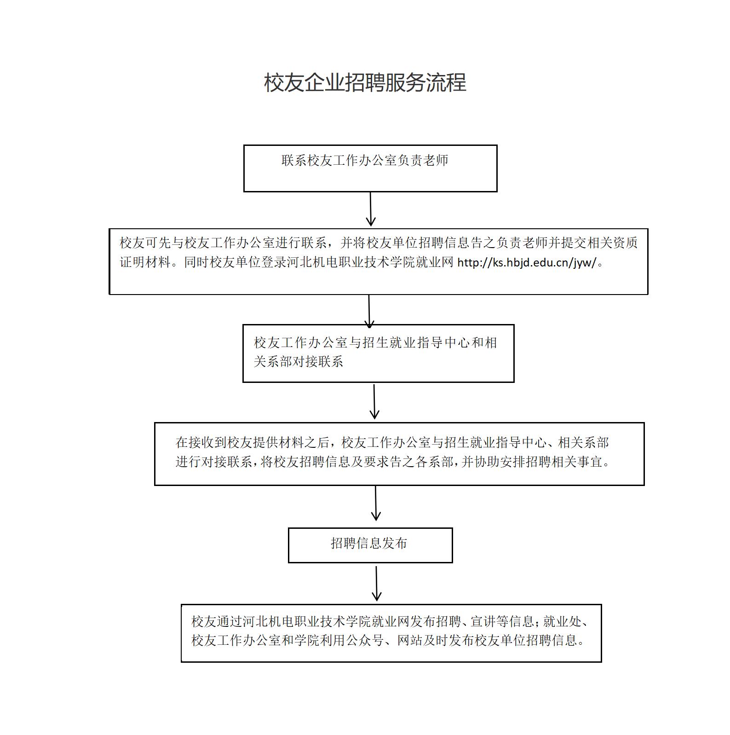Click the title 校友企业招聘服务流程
(365, 83)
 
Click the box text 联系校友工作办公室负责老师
(365, 160)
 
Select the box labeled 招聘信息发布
(370, 545)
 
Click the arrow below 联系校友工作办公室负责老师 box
(371, 209)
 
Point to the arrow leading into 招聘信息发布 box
(376, 503)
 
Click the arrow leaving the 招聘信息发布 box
(377, 584)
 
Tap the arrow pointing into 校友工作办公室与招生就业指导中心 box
(369, 312)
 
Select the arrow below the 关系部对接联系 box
(374, 402)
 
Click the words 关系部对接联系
(299, 361)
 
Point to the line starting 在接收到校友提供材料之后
(392, 443)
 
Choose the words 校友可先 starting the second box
(145, 243)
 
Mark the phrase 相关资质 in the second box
(613, 243)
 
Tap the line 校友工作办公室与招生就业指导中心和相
(375, 342)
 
